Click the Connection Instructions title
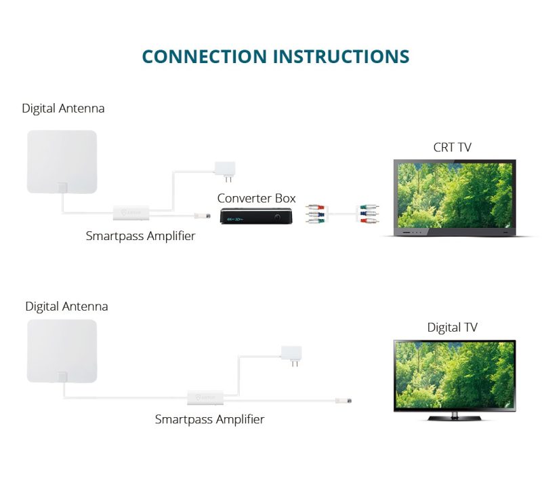(x=276, y=56)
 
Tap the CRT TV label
(x=453, y=146)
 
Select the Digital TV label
(x=452, y=328)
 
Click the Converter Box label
(x=256, y=198)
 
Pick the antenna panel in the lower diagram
(x=62, y=351)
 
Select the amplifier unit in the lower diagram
(x=206, y=397)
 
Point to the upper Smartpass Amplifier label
(x=140, y=236)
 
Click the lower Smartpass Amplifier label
(x=209, y=419)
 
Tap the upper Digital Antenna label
(x=63, y=109)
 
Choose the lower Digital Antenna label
(x=66, y=307)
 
